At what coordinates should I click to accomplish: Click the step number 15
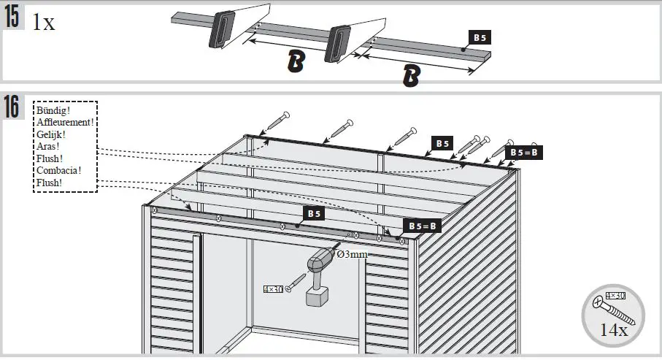12,18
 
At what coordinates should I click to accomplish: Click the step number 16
12,106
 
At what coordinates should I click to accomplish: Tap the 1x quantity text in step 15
44,23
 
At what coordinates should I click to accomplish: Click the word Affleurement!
66,123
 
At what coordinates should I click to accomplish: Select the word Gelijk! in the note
52,134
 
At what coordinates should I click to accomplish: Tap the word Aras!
49,146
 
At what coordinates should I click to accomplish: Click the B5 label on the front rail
314,214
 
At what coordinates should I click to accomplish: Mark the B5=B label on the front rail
422,226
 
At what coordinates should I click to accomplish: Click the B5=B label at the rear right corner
524,152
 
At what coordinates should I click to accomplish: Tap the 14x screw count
613,330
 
